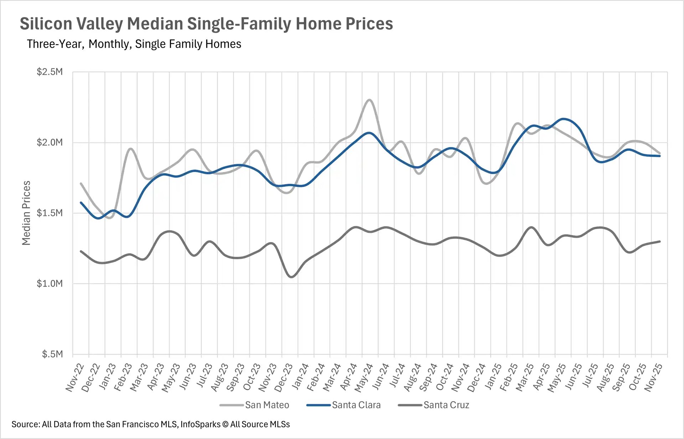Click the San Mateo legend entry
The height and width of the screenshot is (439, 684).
pos(266,405)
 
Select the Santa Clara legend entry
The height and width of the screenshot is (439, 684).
pos(356,405)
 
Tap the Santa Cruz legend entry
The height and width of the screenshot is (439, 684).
pos(446,405)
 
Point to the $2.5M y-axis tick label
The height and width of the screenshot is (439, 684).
pos(50,72)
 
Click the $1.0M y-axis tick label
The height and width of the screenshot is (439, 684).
pos(50,283)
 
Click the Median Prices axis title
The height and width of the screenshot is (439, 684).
pos(26,213)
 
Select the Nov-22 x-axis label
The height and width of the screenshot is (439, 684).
pos(75,377)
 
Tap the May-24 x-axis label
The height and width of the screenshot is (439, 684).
pos(364,377)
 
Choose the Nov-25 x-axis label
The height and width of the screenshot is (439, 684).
pos(654,377)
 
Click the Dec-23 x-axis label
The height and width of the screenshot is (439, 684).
pos(284,377)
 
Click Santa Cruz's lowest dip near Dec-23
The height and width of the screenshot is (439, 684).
pos(291,277)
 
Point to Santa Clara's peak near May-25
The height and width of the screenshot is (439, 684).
pos(563,119)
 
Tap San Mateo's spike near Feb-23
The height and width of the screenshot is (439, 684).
pos(130,149)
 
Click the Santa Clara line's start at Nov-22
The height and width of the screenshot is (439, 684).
pos(81,203)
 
